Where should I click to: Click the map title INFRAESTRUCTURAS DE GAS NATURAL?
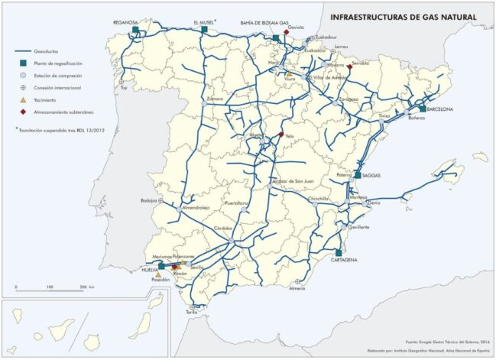(402, 16)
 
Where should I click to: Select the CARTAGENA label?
(342, 260)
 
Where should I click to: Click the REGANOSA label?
(125, 23)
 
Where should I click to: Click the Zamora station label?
(215, 99)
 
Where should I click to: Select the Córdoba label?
(222, 229)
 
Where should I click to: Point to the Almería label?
(297, 288)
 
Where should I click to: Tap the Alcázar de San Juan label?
(293, 180)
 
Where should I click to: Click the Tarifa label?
(192, 312)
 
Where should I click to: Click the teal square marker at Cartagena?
(337, 252)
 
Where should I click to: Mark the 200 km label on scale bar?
(83, 285)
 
